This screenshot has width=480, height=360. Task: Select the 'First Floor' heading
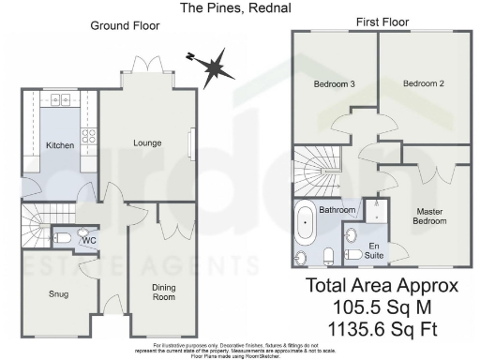coord(380,22)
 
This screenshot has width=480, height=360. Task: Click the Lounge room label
coord(147,143)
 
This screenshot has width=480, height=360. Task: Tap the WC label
coord(89,240)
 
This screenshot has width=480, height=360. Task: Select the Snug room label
coord(57,293)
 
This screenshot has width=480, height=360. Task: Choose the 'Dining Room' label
coord(163,292)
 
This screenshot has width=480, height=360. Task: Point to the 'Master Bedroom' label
coord(430,216)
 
